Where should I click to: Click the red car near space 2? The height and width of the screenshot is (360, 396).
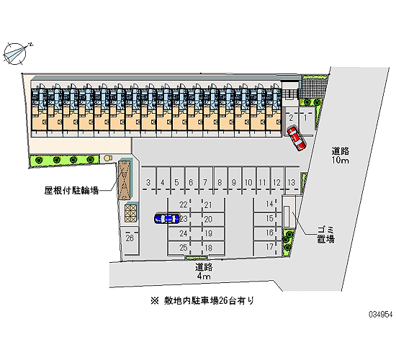click(x=296, y=139)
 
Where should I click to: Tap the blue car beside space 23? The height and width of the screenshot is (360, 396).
click(x=167, y=219)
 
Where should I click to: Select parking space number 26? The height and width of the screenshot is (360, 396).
click(x=130, y=238)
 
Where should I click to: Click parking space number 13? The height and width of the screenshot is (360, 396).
click(x=292, y=182)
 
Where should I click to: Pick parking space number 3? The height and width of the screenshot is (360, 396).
click(x=148, y=182)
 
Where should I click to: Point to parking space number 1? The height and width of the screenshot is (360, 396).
click(x=305, y=118)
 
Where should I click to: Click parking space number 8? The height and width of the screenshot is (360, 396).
click(x=220, y=182)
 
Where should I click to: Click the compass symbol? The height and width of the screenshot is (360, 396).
click(x=16, y=53)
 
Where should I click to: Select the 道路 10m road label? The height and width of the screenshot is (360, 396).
click(x=341, y=156)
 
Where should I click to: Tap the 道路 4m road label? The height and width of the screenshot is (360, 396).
click(x=204, y=271)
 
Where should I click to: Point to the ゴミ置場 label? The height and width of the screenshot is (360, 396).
click(x=325, y=235)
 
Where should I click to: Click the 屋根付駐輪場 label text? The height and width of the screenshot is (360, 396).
click(x=71, y=190)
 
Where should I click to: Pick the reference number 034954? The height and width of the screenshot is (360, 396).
click(x=381, y=315)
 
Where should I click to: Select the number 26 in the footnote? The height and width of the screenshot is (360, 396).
click(x=223, y=301)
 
